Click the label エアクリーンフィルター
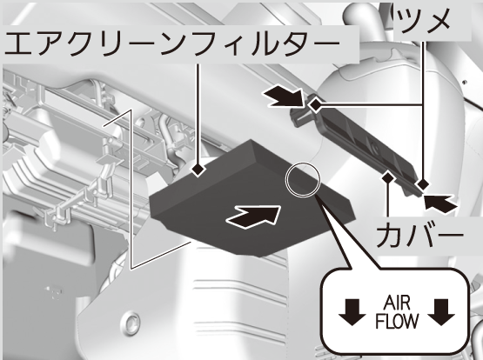coord(172,43)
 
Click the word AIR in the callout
coord(397,303)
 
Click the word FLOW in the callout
coord(397,321)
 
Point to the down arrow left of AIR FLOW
coord(352,312)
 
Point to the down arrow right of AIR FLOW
coord(441,312)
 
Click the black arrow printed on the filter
coord(254,216)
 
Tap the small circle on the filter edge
coord(303,180)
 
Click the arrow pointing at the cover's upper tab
coord(285,96)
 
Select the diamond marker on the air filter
coord(198,170)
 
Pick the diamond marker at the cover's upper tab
coord(315,105)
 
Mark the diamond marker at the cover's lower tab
coord(422,184)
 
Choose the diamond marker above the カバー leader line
coord(388,177)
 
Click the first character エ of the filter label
coord(18,44)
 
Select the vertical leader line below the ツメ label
coord(423,110)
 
